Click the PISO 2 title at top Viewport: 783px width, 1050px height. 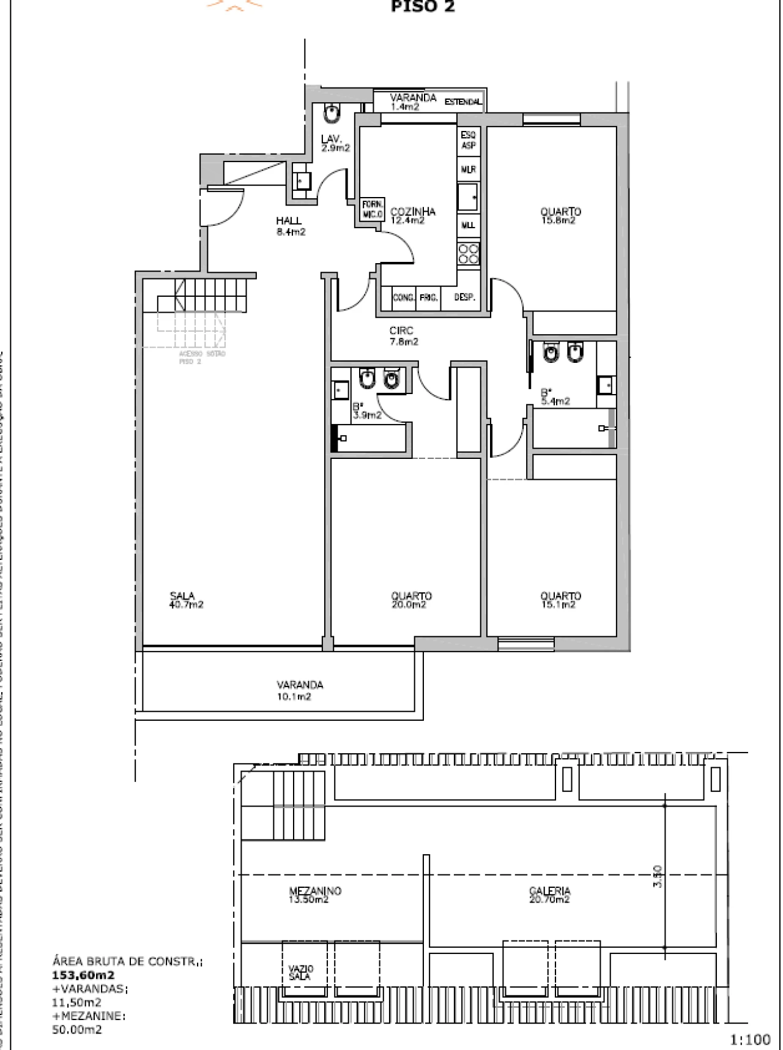[x=423, y=7]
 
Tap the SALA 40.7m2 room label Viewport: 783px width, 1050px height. [x=186, y=600]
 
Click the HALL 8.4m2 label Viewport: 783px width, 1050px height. [x=289, y=226]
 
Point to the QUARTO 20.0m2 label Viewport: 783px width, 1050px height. [x=411, y=600]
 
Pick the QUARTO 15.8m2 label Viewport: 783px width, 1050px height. [x=560, y=216]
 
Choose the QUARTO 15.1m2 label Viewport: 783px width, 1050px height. [x=560, y=600]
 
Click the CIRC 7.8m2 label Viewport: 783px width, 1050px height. [x=404, y=336]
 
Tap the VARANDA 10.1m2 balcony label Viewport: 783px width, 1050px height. [x=299, y=690]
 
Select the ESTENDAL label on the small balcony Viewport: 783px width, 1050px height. [x=463, y=102]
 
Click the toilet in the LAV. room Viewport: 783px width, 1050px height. [x=332, y=114]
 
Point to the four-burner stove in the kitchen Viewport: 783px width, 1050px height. [x=469, y=254]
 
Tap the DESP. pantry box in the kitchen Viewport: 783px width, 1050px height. [x=464, y=297]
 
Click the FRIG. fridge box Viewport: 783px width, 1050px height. [x=428, y=297]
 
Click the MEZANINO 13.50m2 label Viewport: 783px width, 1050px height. [x=314, y=895]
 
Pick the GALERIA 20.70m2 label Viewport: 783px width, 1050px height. [x=550, y=895]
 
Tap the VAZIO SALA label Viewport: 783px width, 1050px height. [x=301, y=972]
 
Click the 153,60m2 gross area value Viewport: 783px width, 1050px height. [x=84, y=975]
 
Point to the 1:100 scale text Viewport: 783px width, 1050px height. [x=750, y=1039]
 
